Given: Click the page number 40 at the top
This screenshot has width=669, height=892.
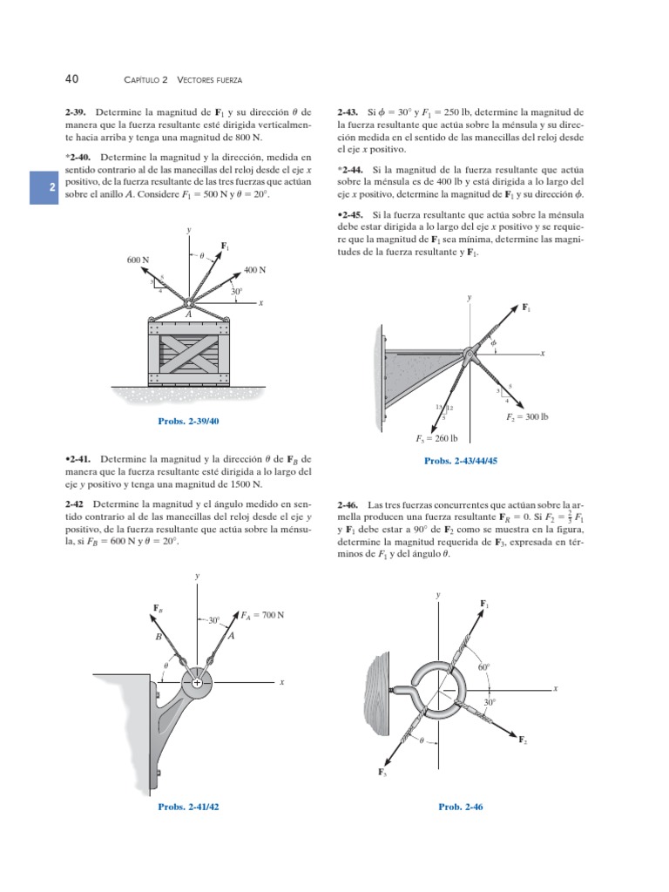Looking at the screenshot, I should coord(72,78).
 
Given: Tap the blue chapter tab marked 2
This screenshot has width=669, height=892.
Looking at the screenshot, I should coord(43,188).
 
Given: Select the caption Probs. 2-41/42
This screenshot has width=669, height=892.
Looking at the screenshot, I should coord(188,807).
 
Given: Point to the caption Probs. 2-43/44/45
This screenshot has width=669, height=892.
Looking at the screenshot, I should coord(460,461).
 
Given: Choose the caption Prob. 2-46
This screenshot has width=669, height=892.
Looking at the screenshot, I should coord(461,807).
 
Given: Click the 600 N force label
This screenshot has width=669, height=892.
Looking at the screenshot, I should coord(138,260).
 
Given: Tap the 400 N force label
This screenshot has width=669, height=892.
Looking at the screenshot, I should coord(254,270).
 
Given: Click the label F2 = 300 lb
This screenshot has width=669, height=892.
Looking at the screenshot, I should coord(527,417).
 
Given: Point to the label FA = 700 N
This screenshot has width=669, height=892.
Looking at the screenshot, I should coord(264,615).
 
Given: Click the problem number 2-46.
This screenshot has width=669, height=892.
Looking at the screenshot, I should coord(348,504).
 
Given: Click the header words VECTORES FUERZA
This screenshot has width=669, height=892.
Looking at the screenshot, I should coord(210,79).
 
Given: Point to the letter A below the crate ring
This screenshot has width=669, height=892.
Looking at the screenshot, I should coord(189,314).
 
